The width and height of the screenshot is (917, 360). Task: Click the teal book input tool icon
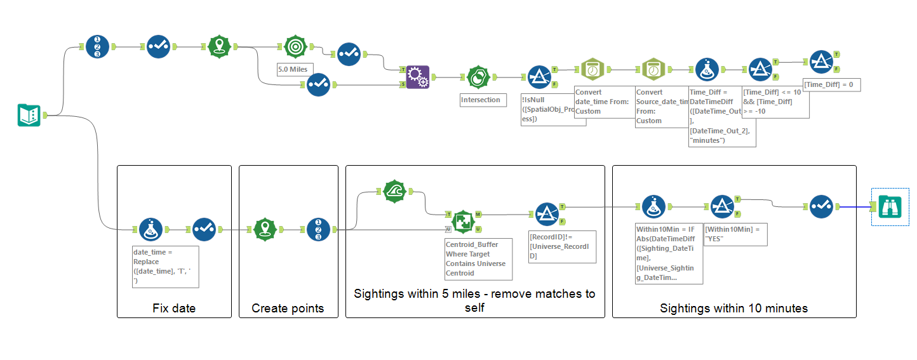(29, 116)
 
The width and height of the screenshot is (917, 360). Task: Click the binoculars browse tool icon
(890, 207)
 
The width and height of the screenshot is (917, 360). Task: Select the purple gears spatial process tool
(417, 77)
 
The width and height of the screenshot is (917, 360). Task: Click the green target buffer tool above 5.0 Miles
(295, 46)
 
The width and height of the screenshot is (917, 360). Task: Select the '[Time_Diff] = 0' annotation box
(832, 84)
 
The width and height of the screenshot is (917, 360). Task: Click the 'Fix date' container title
(174, 309)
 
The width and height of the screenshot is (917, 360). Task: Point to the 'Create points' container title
(288, 309)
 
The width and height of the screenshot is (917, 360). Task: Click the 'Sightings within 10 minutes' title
(733, 309)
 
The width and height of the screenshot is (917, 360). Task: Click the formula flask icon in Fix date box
(151, 229)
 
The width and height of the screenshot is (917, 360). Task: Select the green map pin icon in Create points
(265, 229)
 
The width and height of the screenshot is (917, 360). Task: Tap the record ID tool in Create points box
(318, 229)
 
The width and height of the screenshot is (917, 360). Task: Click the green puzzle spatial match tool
(463, 222)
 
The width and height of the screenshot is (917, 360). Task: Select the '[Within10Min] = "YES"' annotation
(736, 233)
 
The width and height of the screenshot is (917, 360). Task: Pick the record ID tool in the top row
(98, 46)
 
